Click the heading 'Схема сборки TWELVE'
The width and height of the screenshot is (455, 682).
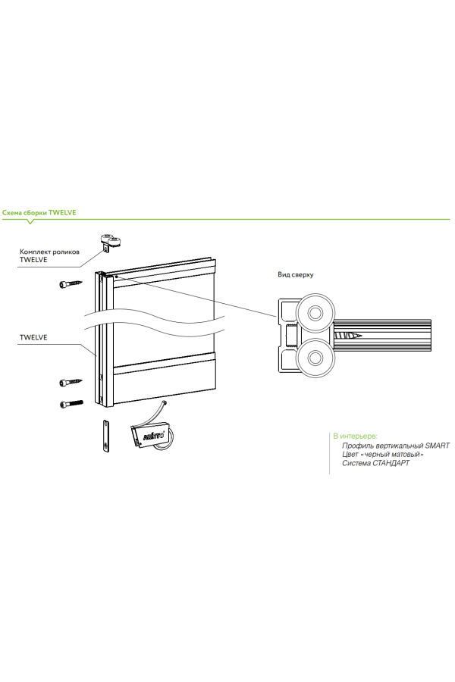[x=39, y=214]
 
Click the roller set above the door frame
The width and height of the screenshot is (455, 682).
[x=111, y=242]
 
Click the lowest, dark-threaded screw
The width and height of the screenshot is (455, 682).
[x=71, y=403]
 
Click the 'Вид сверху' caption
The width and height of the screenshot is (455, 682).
[x=296, y=274]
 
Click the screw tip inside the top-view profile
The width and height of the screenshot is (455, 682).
[x=350, y=334]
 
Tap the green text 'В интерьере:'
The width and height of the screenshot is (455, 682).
[x=355, y=436]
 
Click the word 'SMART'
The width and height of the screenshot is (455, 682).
[x=437, y=446]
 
